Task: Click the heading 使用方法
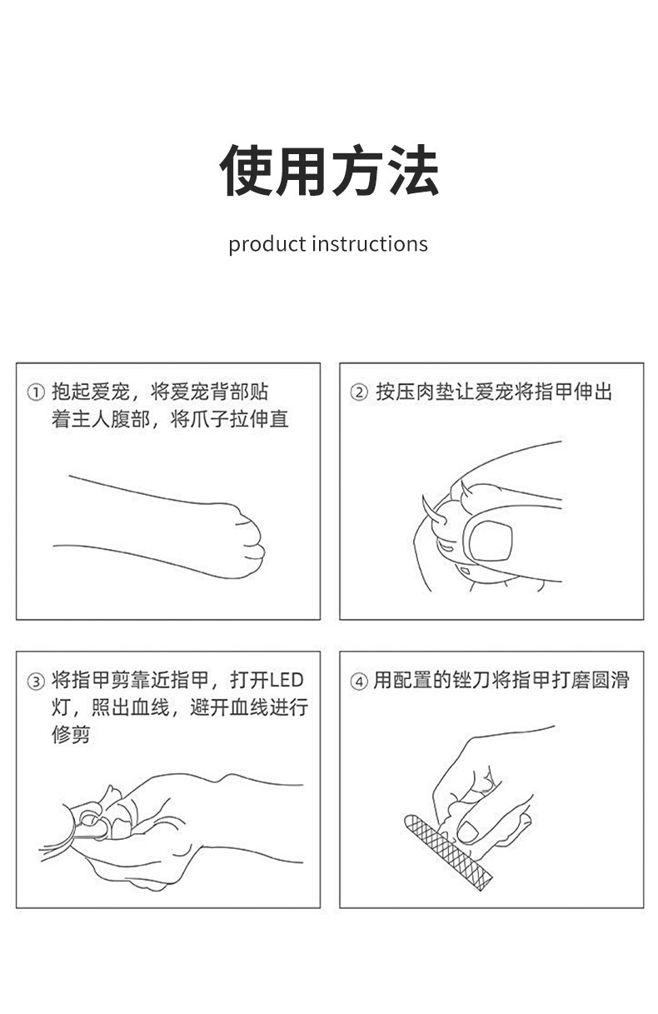click(x=329, y=170)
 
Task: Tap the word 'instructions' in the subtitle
click(x=370, y=244)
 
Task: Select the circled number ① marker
click(x=35, y=392)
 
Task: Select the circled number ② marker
click(x=358, y=392)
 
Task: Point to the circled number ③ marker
click(x=35, y=682)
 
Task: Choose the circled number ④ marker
click(x=358, y=682)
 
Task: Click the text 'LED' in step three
click(x=287, y=681)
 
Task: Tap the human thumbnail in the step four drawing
click(x=469, y=831)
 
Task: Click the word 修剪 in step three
click(x=71, y=735)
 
